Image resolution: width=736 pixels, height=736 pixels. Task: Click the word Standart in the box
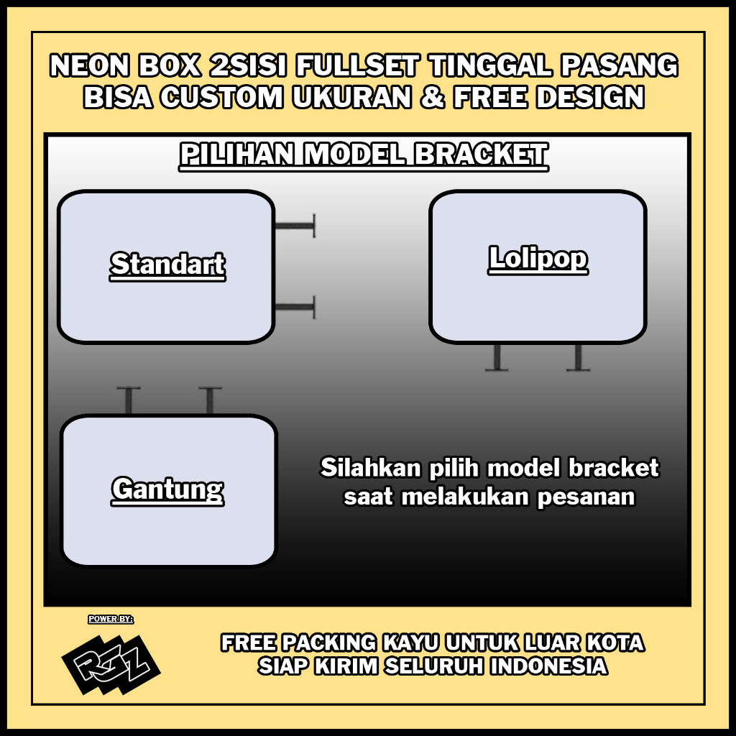tap(167, 264)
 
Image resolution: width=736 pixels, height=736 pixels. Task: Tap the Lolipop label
tap(538, 258)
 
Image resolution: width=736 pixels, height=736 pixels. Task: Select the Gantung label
tap(167, 489)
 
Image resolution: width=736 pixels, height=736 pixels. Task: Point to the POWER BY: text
tap(111, 619)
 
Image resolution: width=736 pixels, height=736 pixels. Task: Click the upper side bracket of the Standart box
tap(295, 226)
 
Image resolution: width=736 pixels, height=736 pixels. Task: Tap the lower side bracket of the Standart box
tap(295, 308)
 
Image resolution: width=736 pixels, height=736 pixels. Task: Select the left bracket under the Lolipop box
tap(497, 357)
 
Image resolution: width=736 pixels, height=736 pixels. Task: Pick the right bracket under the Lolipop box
tap(578, 357)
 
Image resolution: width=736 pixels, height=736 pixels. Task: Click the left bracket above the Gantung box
tap(129, 401)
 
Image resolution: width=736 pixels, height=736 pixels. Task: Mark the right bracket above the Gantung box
tap(210, 401)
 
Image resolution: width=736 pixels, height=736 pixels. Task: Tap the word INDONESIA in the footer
tap(549, 666)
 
